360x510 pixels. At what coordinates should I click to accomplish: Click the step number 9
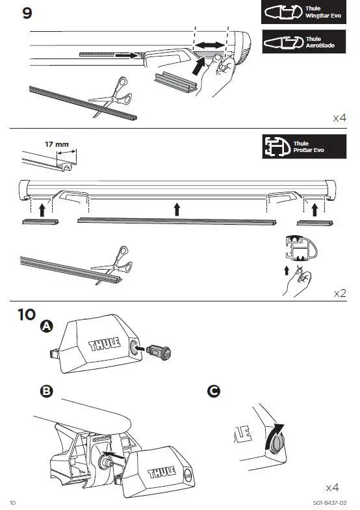pos(27,14)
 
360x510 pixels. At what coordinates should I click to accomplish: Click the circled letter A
pos(45,327)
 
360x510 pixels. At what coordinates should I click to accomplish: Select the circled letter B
pos(45,392)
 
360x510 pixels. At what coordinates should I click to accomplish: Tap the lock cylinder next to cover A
pos(159,352)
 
